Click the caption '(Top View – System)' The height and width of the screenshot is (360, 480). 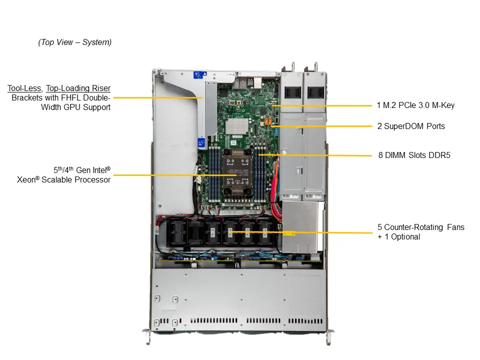click(x=74, y=42)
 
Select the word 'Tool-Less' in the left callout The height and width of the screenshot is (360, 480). click(x=23, y=88)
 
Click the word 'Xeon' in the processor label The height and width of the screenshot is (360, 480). click(x=26, y=179)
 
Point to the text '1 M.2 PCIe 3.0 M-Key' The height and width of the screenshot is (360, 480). click(x=415, y=105)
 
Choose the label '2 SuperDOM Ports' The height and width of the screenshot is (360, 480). click(x=410, y=126)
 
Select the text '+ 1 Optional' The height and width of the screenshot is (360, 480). click(x=398, y=236)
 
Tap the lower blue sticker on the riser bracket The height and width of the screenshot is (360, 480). click(x=201, y=143)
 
